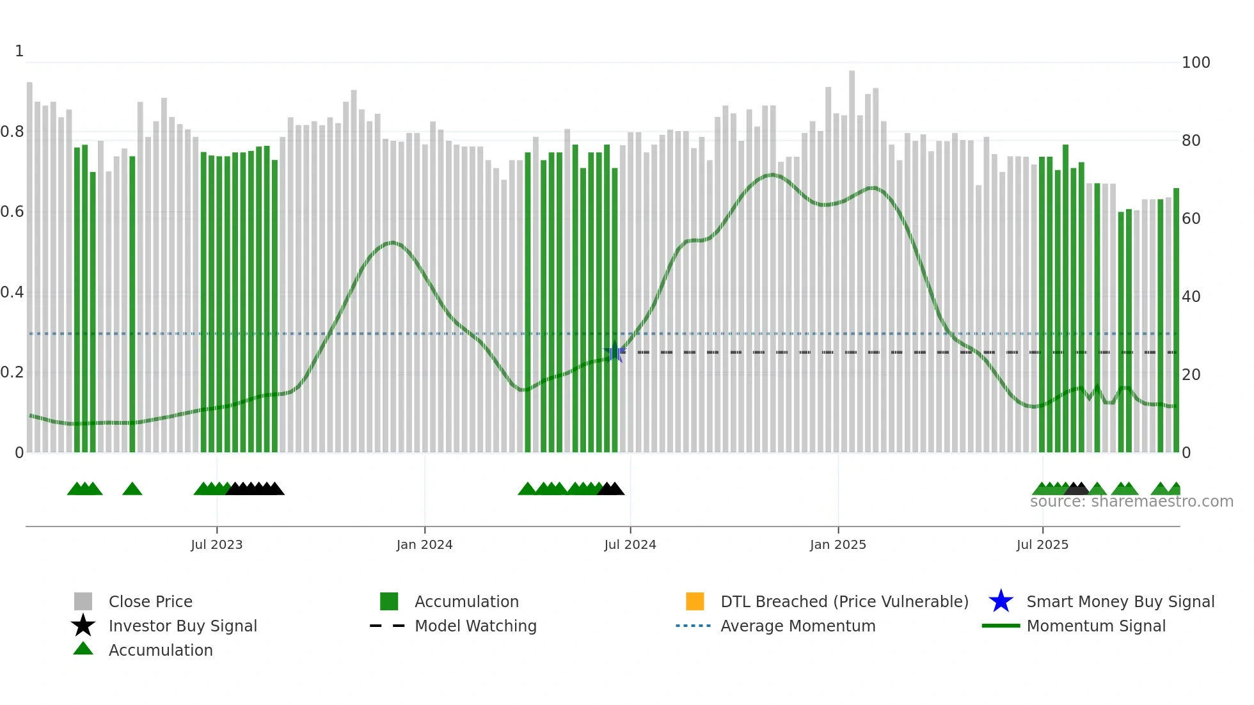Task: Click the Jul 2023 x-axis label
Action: tap(216, 544)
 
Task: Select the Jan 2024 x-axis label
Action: tap(424, 544)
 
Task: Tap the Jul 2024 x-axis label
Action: tap(630, 544)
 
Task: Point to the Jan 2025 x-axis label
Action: tap(837, 544)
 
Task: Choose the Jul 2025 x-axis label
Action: tap(1042, 544)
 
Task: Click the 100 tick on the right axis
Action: tap(1195, 63)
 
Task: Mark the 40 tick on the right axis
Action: tap(1191, 297)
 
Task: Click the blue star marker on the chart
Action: tap(615, 352)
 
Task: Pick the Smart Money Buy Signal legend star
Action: tap(1001, 601)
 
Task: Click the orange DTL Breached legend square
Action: tap(695, 601)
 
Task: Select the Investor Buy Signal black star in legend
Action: tap(83, 626)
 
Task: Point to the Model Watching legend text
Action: tap(475, 626)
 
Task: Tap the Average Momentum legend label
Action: tap(798, 626)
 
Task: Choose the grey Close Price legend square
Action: tap(83, 601)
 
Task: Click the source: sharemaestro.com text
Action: tap(1131, 502)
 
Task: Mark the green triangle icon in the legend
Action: tap(83, 649)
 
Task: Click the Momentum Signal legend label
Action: tap(1096, 626)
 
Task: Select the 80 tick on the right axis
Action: tap(1191, 141)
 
